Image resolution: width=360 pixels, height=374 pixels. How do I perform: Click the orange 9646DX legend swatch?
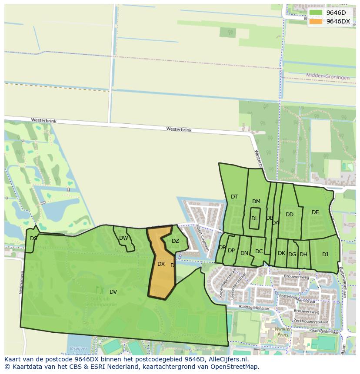[x=316, y=21]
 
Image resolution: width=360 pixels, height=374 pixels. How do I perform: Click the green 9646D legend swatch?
[x=316, y=13]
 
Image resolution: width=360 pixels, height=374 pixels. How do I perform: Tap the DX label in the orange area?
[x=161, y=264]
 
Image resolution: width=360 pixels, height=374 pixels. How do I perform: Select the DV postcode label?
[x=113, y=291]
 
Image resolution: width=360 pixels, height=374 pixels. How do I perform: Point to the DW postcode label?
[x=123, y=238]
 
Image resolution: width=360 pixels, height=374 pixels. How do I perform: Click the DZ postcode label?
[x=175, y=241]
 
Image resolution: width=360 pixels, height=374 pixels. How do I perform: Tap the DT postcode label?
[x=234, y=197]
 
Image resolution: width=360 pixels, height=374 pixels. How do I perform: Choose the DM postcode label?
[x=256, y=202]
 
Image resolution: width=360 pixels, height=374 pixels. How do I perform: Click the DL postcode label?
[x=254, y=218]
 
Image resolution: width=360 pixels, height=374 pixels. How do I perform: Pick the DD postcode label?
[x=290, y=215]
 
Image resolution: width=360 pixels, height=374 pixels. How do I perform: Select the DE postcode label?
[x=315, y=212]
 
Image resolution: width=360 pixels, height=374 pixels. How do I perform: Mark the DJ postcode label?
[x=325, y=255]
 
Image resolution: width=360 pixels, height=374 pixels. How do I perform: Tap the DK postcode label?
[x=281, y=253]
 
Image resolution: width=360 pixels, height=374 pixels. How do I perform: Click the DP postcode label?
[x=231, y=251]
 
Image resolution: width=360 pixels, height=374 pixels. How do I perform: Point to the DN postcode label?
[x=244, y=253]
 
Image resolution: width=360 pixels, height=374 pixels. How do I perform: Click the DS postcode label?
[x=33, y=238]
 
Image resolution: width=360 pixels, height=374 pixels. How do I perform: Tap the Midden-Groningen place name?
[x=328, y=77]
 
